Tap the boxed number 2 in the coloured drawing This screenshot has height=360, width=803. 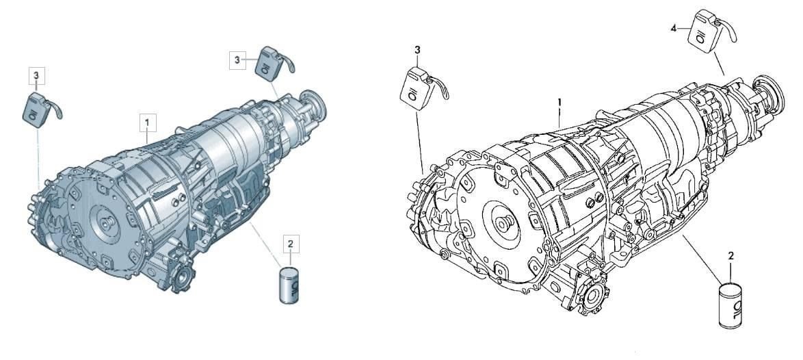click(291, 244)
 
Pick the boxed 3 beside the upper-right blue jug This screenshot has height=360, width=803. click(237, 60)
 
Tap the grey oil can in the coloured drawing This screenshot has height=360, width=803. click(289, 285)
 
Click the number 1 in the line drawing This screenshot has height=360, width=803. click(560, 101)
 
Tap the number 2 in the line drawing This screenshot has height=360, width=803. click(730, 256)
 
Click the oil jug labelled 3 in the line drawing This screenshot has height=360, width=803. click(417, 89)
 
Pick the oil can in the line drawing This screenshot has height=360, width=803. click(730, 306)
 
